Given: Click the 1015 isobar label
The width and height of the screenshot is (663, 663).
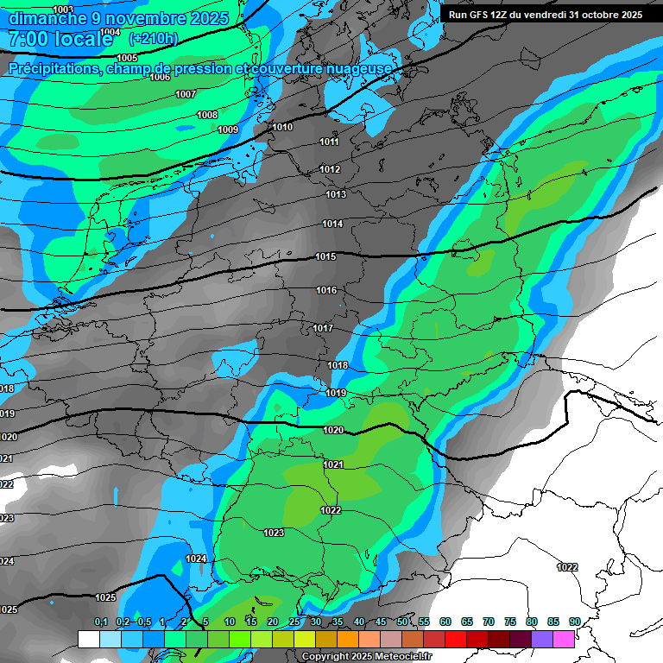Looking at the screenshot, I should pos(325,257).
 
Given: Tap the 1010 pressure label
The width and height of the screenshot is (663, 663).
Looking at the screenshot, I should pos(282,128).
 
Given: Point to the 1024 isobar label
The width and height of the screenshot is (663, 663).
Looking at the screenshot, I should pos(196,559).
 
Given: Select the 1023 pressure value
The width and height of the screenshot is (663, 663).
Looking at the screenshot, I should pos(274,533).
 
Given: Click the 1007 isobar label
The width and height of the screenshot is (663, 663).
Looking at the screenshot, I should pos(186,94).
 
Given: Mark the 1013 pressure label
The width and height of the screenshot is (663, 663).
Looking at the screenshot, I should pos(336,195).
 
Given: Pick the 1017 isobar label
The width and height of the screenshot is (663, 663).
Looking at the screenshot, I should pos(324,329).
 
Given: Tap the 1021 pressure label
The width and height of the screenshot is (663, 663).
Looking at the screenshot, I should pos(333,465).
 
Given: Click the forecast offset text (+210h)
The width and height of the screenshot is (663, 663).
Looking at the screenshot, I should pos(153,39).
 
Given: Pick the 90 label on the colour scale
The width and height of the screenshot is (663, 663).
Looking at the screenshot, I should pos(574,622).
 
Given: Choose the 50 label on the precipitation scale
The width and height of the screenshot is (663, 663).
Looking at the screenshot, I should pos(402,622).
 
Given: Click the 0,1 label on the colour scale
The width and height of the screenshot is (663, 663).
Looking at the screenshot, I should pos(101,622).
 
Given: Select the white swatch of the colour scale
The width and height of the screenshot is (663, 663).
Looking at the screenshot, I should pos(88,639).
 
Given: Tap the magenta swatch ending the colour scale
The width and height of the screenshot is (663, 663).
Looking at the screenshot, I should pos(564,639).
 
